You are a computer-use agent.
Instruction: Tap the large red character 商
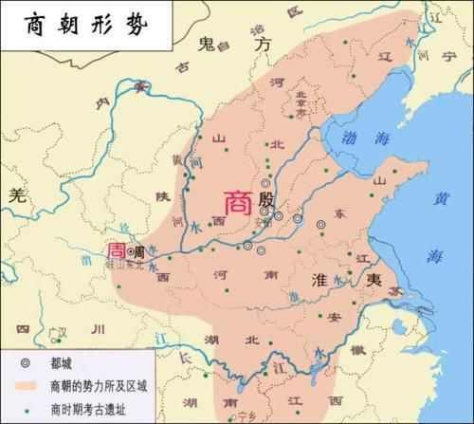tap(237, 202)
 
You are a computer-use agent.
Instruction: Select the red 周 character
tap(116, 252)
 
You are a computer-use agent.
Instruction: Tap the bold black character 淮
tap(319, 277)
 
